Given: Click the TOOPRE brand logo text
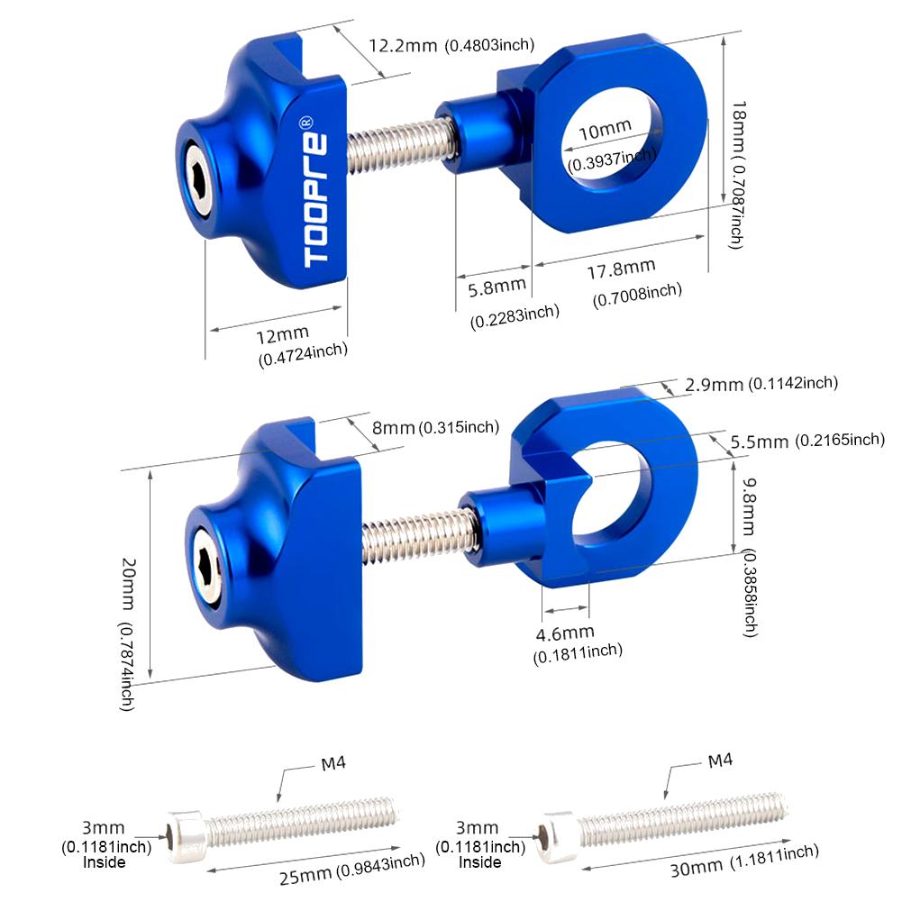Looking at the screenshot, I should [x=316, y=193].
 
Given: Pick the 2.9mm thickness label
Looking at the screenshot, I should [x=714, y=385].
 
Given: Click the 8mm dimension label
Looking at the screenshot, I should [x=394, y=428].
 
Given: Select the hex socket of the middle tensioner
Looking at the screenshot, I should [x=209, y=579].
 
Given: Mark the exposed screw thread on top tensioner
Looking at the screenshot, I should [x=397, y=145].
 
